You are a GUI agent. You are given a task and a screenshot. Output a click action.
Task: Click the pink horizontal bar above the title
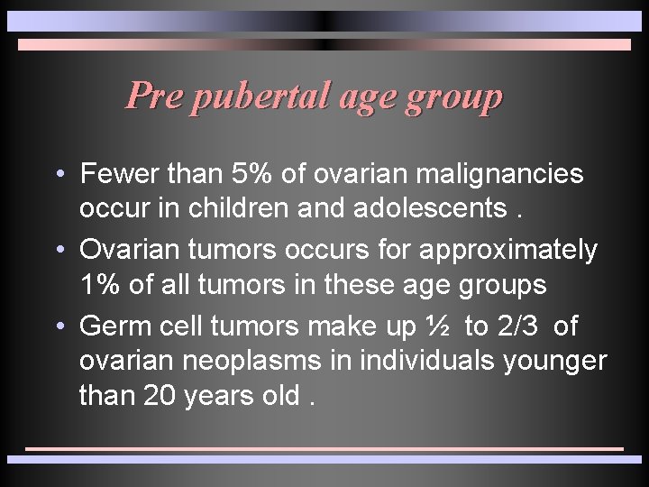click(x=324, y=44)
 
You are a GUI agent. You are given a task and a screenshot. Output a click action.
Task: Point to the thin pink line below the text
click(x=324, y=448)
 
